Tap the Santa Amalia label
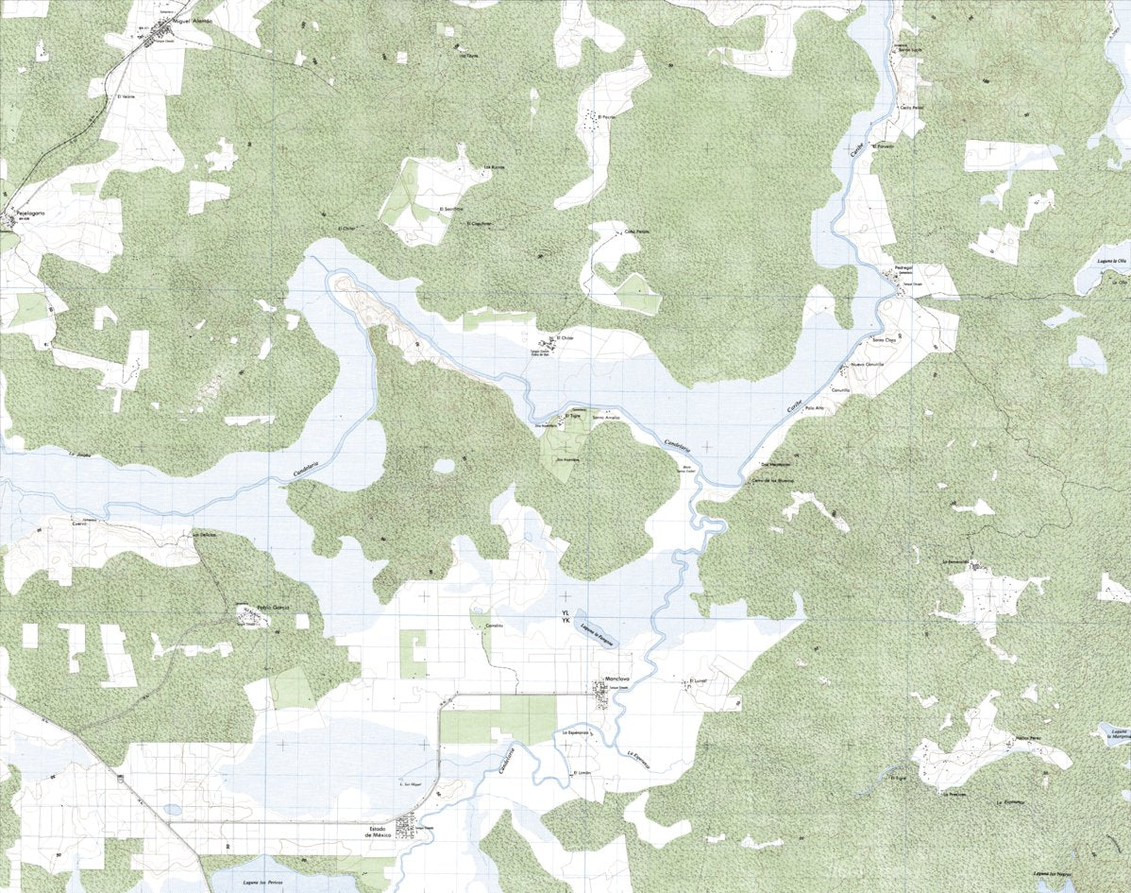[x=604, y=417]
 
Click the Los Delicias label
[x=204, y=535]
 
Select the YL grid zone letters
[x=565, y=611]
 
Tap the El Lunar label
[x=698, y=679]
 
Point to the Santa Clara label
[x=885, y=339]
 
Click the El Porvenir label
[x=884, y=146]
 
